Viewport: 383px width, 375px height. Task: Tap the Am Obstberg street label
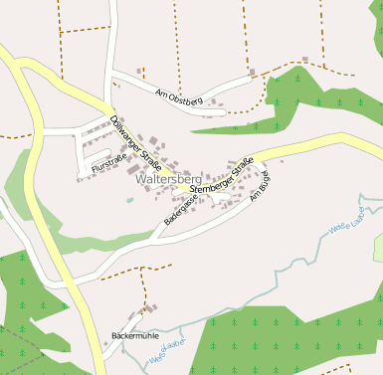[179, 96]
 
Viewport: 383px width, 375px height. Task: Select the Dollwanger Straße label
[136, 143]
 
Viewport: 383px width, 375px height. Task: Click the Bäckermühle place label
[135, 335]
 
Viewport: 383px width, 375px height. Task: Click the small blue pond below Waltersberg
[129, 199]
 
